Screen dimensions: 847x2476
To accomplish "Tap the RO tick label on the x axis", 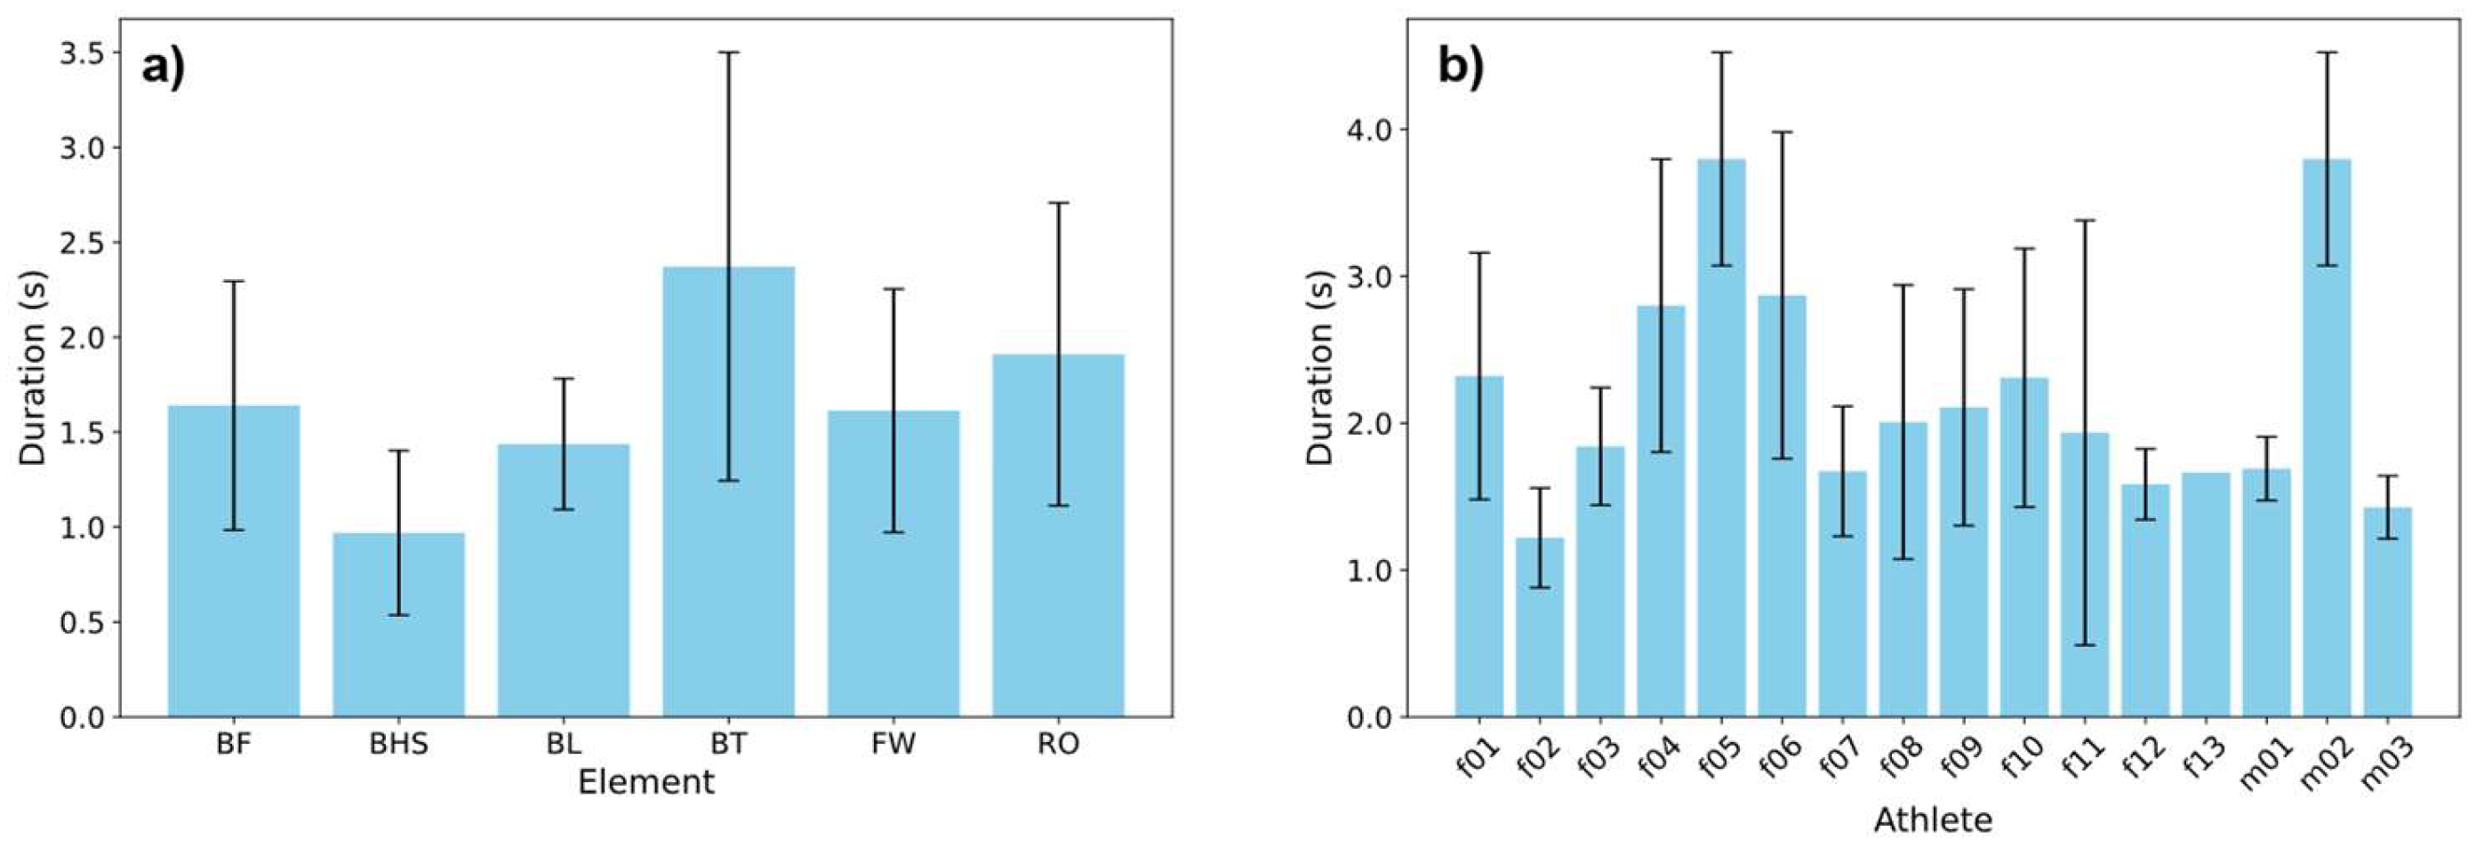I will pyautogui.click(x=1057, y=743).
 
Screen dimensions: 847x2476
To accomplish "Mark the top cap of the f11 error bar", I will pyautogui.click(x=2085, y=221).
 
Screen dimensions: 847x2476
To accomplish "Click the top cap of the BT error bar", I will pyautogui.click(x=727, y=52).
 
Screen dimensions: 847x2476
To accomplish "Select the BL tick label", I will pyautogui.click(x=564, y=743).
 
